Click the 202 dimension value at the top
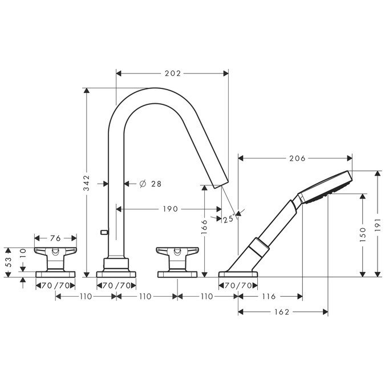[173, 74]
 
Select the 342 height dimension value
[87, 183]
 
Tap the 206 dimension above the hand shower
[297, 159]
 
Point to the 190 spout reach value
[170, 209]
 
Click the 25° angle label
[229, 218]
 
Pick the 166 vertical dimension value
[204, 226]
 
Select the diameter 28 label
[150, 184]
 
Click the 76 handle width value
[55, 238]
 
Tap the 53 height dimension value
[9, 262]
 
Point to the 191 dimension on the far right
[378, 225]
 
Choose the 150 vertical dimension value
[363, 234]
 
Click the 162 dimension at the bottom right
[282, 312]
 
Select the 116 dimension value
[269, 297]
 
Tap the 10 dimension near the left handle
[23, 253]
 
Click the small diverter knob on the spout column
[104, 232]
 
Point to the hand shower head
[326, 187]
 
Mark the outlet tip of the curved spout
[222, 185]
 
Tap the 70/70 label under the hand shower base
[238, 286]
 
